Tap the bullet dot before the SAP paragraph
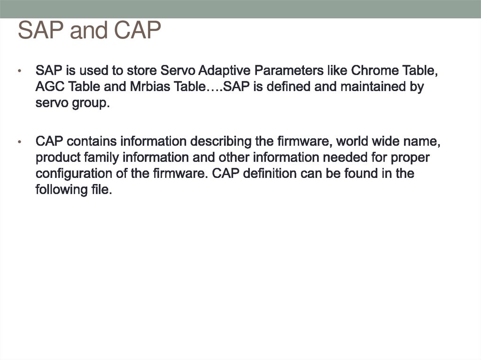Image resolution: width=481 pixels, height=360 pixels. click(x=19, y=72)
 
